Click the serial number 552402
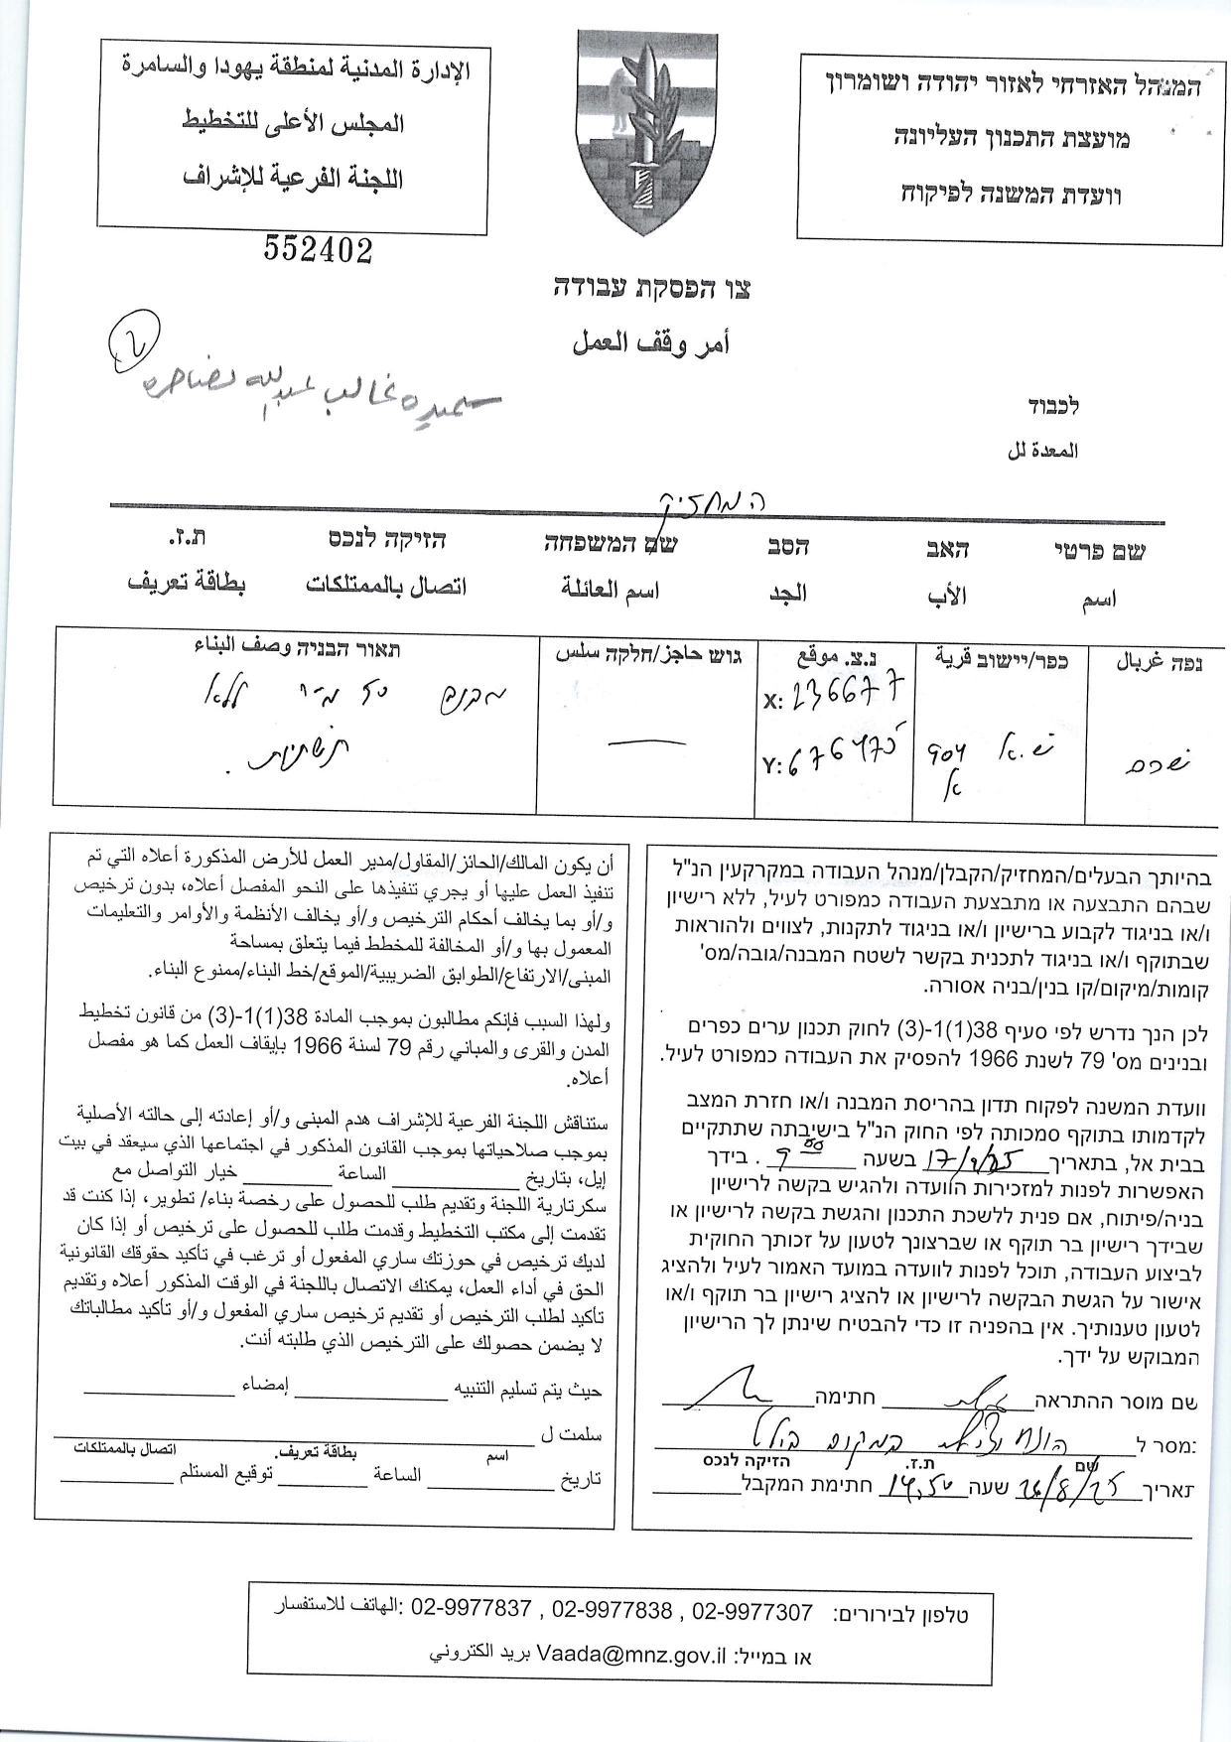pyautogui.click(x=318, y=250)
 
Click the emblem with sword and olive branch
pyautogui.click(x=646, y=129)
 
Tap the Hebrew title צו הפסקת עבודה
pyautogui.click(x=652, y=290)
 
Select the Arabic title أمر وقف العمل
pyautogui.click(x=650, y=343)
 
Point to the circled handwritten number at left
pyautogui.click(x=134, y=337)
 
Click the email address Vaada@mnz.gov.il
pyautogui.click(x=631, y=1655)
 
